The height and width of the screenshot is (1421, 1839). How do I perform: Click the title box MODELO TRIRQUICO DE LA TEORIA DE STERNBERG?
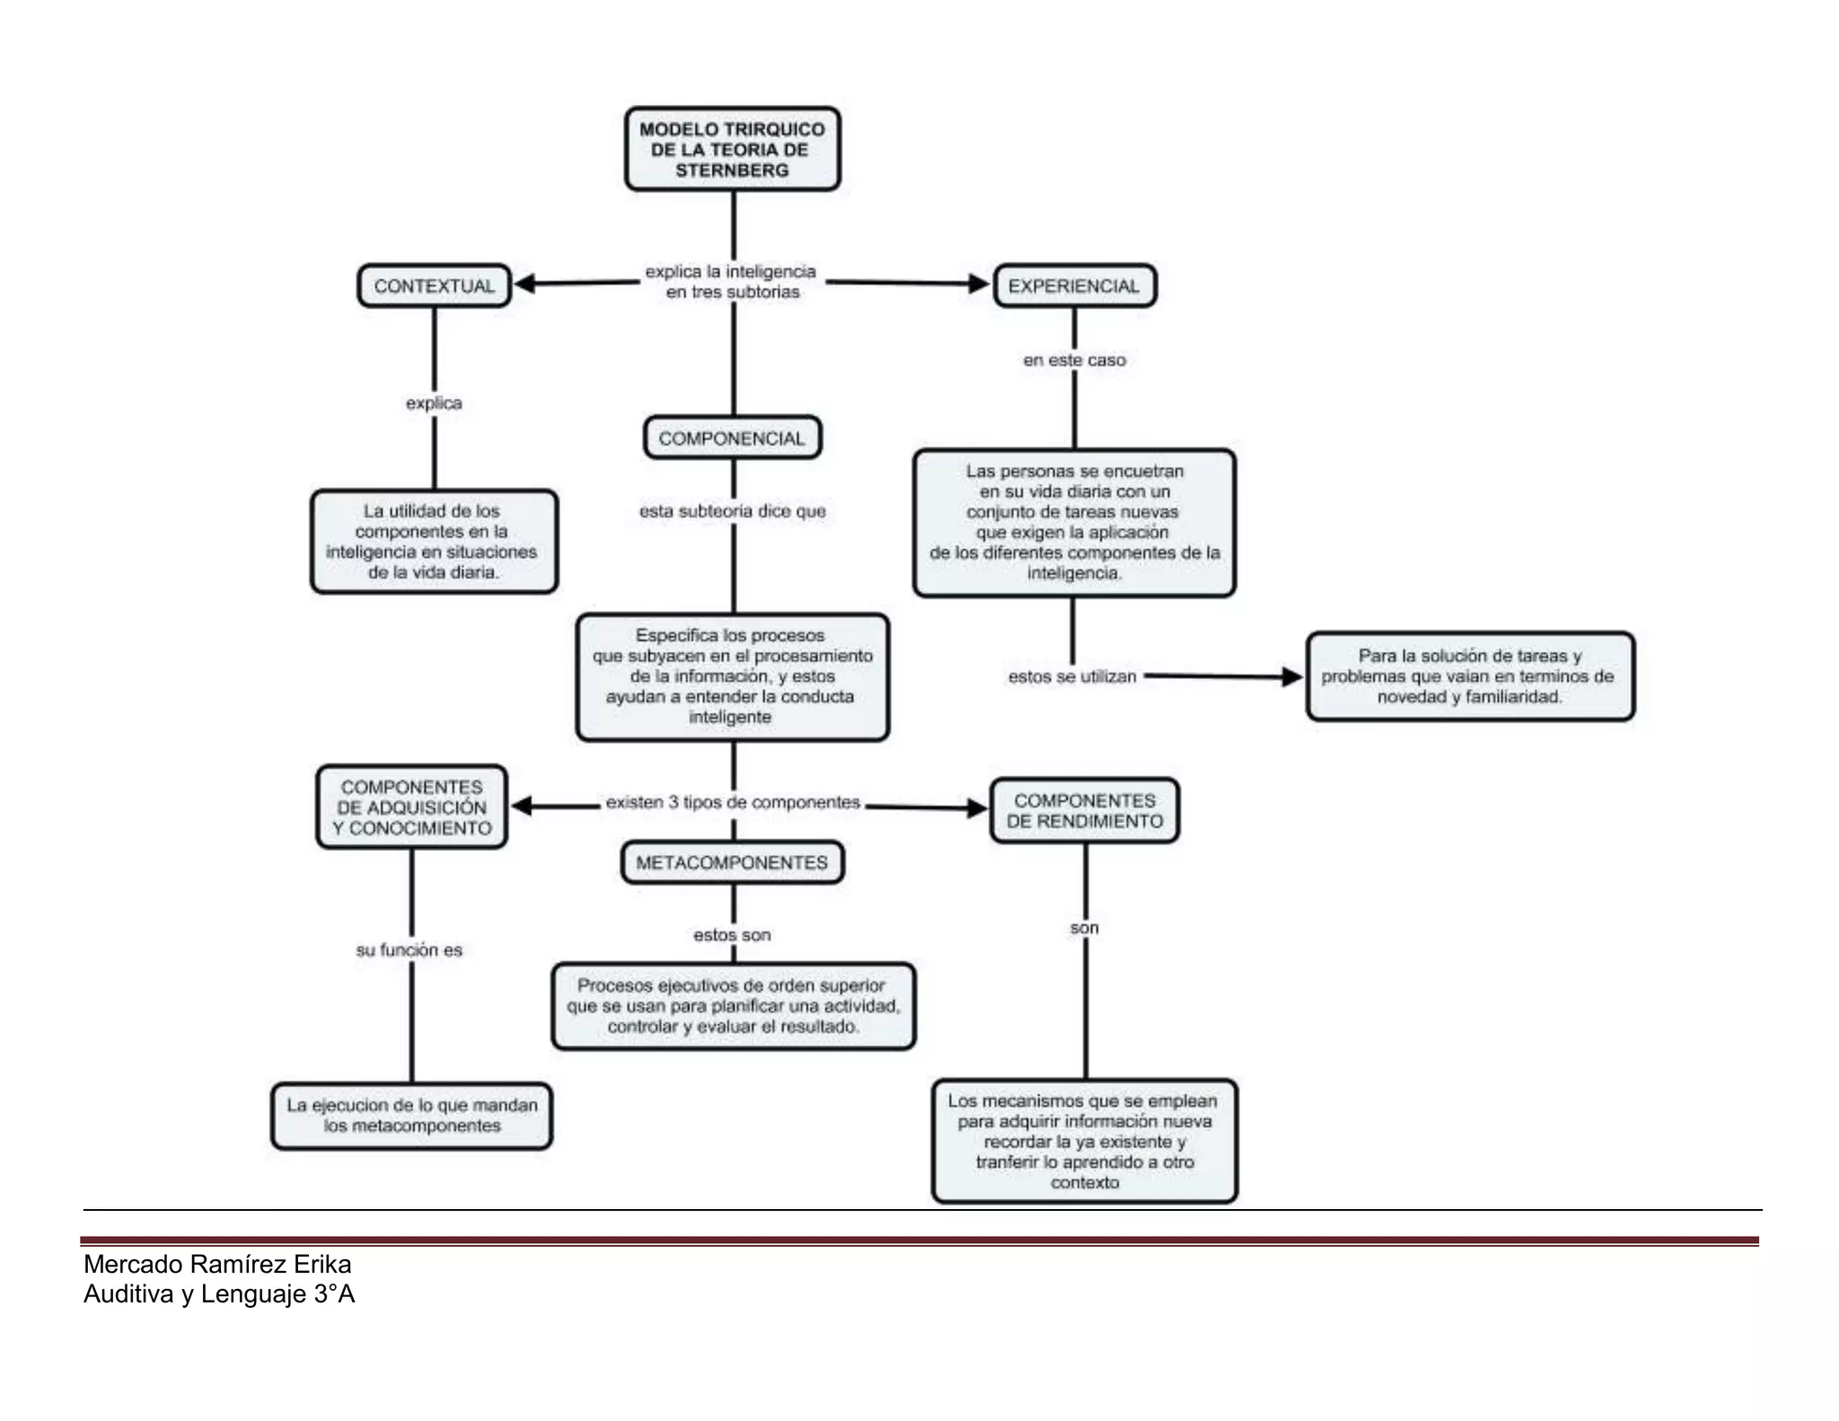coord(732,149)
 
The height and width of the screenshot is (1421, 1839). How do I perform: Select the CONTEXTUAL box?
coord(434,286)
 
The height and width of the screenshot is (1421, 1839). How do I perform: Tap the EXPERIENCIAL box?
coord(1074,286)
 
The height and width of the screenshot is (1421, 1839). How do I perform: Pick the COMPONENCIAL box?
coord(732,438)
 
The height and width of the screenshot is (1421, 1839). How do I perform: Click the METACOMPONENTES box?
coord(732,862)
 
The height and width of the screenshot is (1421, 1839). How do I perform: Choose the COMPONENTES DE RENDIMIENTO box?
coord(1084,810)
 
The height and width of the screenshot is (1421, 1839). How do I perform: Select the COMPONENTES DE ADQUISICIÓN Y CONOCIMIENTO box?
coord(411,807)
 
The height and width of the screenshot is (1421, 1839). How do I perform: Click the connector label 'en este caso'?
coord(1074,360)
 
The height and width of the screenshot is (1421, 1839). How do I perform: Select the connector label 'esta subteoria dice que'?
coord(732,511)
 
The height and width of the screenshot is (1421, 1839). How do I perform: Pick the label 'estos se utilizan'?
coord(1072,676)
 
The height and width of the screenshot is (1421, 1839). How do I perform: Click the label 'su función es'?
coord(409,949)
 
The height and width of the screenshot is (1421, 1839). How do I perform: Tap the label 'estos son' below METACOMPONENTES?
coord(732,935)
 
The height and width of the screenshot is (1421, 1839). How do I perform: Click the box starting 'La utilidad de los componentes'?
coord(434,541)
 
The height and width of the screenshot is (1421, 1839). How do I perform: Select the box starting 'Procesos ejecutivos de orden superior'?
coord(733,1006)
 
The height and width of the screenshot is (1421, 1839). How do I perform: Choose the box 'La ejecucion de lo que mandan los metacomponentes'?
coord(411,1116)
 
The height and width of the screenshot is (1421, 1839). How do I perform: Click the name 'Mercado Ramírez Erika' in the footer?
coord(217,1265)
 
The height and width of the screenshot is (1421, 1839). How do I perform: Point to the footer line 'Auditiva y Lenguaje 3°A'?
coord(219,1294)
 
